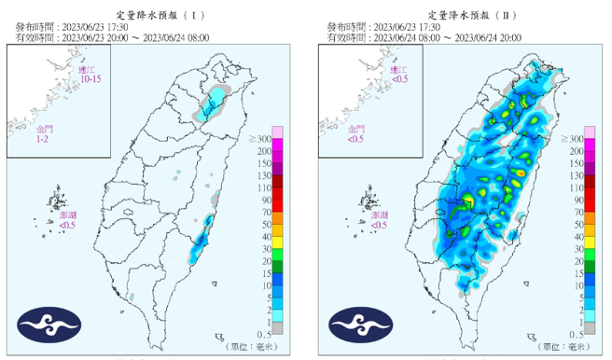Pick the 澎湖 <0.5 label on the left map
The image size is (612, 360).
69,220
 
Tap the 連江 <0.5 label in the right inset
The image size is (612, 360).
398,75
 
